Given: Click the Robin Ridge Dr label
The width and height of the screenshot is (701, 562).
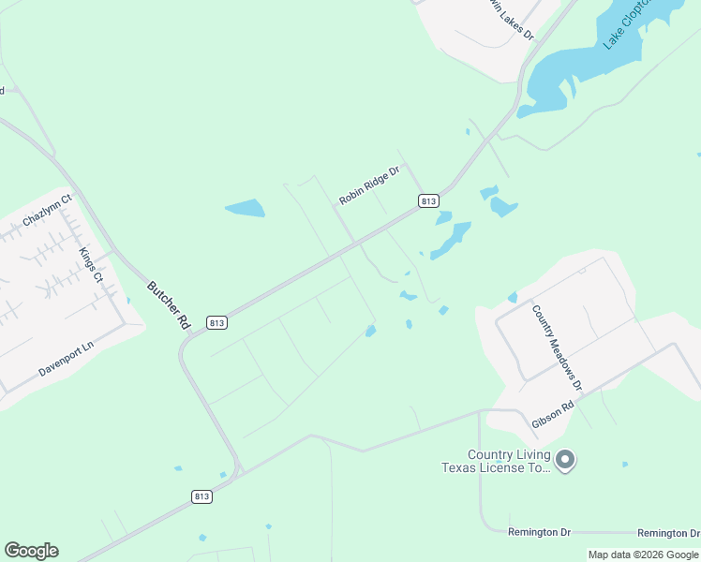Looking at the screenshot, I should click(x=369, y=185).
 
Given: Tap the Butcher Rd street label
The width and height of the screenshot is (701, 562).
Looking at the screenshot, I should click(x=168, y=303).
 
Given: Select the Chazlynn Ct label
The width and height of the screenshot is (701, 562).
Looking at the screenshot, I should click(x=47, y=212).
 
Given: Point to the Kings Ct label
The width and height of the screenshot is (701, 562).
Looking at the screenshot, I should click(x=90, y=265).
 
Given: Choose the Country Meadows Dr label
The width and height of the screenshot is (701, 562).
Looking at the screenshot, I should click(x=557, y=348).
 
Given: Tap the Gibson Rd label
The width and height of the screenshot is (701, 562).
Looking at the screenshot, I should click(x=552, y=416).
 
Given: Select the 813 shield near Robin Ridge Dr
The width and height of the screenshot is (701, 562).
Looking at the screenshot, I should click(x=428, y=201).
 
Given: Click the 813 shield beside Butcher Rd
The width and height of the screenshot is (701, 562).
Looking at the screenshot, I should click(x=216, y=322).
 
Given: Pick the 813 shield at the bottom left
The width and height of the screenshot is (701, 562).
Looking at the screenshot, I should click(x=201, y=495).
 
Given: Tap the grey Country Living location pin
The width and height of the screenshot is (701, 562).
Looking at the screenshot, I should click(x=565, y=460).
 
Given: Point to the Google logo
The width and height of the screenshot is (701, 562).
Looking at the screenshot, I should click(x=31, y=550).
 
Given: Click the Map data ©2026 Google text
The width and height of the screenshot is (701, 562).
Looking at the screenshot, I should click(x=644, y=555).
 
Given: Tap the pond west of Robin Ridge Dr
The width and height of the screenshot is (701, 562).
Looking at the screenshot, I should click(x=245, y=208).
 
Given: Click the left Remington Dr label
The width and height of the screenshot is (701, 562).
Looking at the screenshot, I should click(x=539, y=532).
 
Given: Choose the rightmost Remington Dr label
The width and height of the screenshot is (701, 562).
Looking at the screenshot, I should click(x=668, y=533).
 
